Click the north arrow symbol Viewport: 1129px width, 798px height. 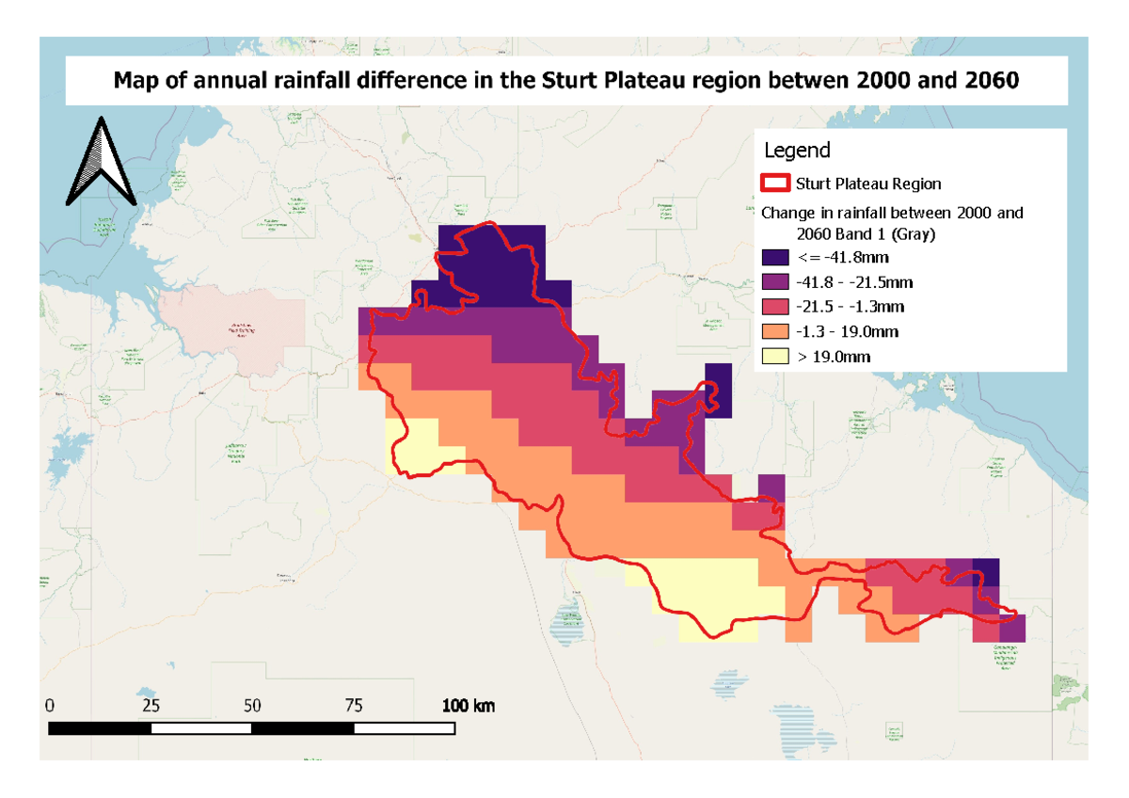pos(101,164)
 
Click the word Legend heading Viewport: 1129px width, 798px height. pos(796,150)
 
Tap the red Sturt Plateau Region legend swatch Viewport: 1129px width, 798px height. pos(775,184)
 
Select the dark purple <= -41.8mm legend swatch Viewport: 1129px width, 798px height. pos(775,257)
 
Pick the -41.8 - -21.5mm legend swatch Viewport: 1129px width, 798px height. pos(775,281)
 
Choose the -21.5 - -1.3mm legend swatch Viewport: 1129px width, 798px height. pos(775,307)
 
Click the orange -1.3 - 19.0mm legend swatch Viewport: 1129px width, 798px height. pos(775,331)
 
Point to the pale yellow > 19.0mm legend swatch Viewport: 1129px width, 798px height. pos(775,357)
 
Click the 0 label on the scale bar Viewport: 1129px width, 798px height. pos(50,705)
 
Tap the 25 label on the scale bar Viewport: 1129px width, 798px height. pos(151,705)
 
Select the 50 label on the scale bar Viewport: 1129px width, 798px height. pos(252,705)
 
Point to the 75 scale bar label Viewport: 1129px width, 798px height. pos(354,705)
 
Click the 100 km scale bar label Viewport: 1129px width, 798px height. pos(468,705)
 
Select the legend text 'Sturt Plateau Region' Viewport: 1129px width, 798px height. pos(868,184)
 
